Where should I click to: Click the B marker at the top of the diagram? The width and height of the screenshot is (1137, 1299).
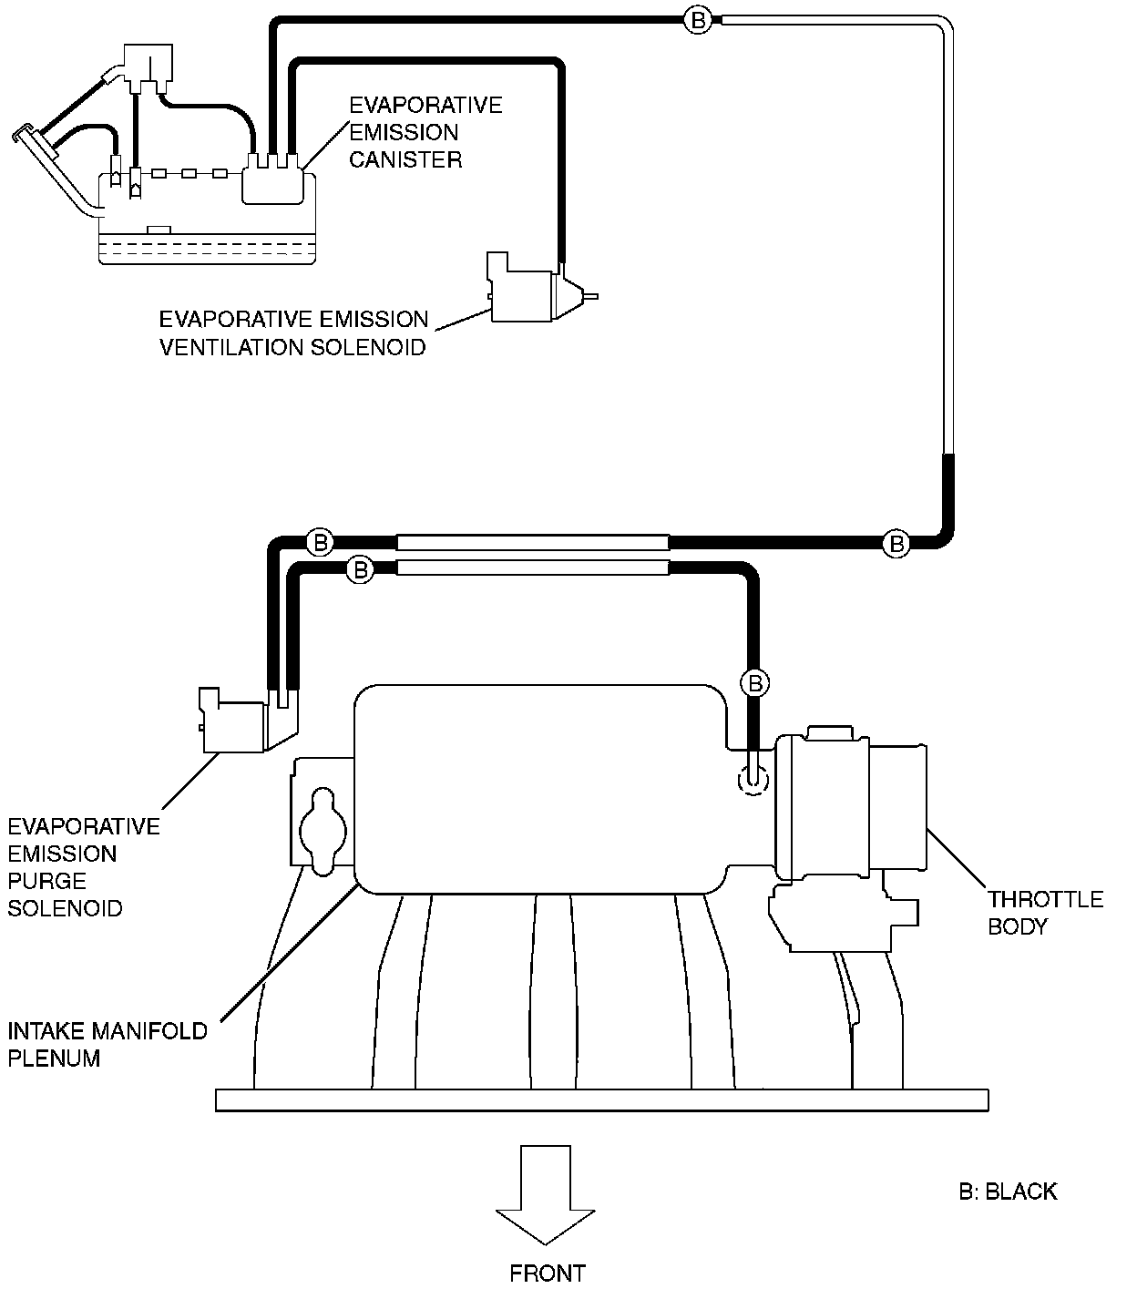pos(698,21)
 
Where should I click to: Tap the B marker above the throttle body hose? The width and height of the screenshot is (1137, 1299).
pos(755,684)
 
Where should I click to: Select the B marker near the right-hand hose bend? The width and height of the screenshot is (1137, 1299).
pos(896,544)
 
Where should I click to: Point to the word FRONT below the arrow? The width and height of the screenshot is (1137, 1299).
pos(548,1273)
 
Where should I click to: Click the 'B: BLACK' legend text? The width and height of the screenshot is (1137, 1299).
pos(1009,1192)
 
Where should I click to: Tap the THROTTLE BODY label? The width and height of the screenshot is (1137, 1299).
pos(1045,913)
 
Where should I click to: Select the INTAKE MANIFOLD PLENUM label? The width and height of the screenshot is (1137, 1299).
pos(108,1045)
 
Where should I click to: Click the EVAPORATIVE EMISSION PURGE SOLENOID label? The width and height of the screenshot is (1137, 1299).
pos(84,867)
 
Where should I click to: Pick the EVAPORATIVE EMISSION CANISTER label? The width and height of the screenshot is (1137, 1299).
pos(425,132)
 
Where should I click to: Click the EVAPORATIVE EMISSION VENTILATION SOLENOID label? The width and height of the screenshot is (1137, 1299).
pos(294,333)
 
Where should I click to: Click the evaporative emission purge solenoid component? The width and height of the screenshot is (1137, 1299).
pos(248,720)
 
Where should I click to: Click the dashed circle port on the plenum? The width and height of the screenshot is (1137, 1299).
pos(753,778)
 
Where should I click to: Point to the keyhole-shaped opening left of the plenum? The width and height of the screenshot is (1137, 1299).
pos(323,832)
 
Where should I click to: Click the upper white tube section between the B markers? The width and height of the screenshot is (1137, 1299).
pos(533,542)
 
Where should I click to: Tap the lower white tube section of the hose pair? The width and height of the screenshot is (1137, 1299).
pos(533,567)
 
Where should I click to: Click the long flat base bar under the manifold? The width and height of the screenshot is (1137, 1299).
pos(602,1100)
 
